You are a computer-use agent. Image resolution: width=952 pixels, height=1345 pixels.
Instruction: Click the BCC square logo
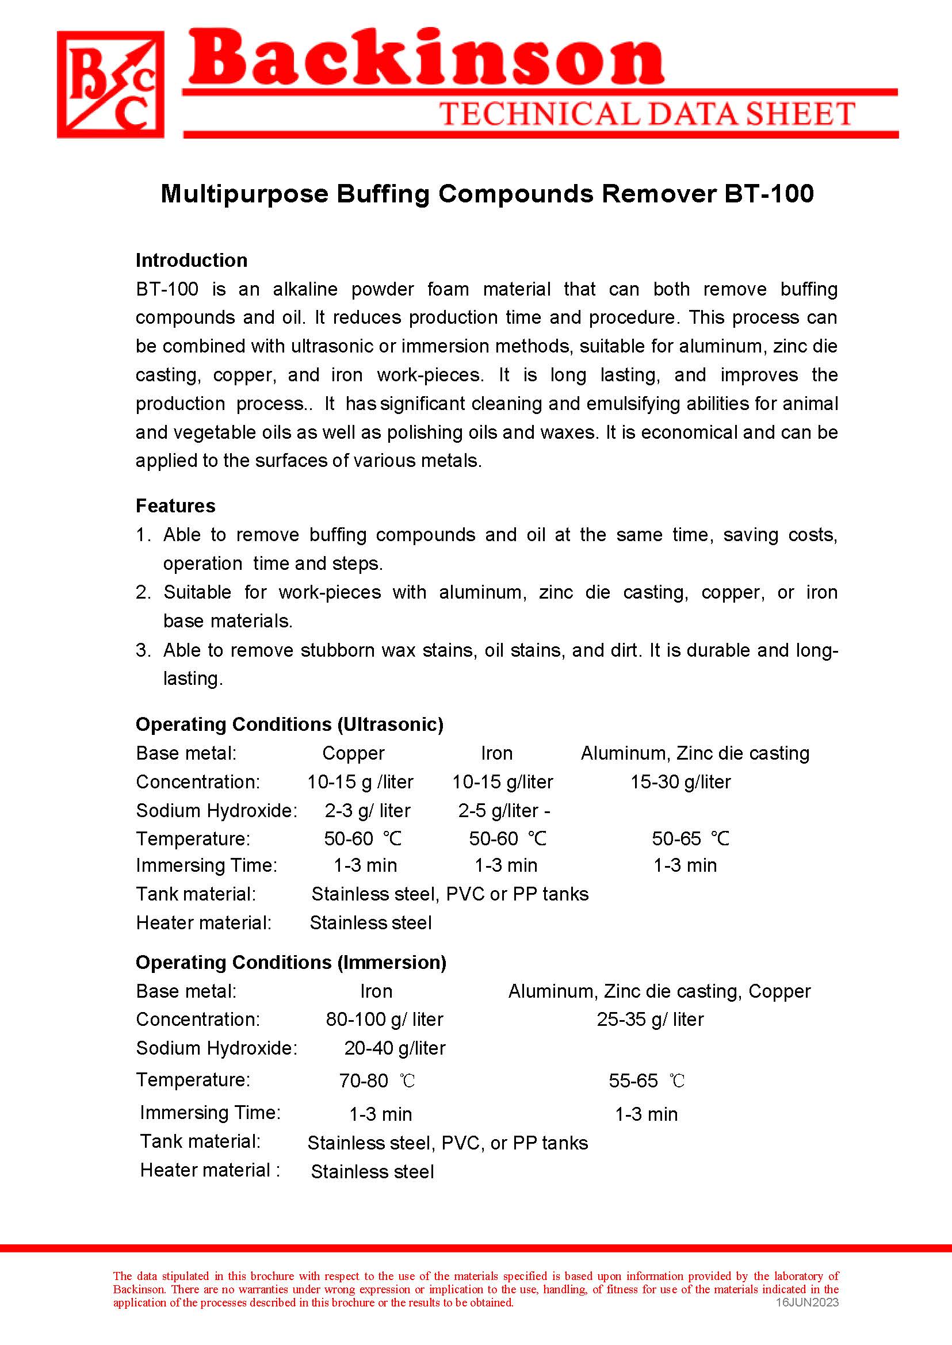click(x=110, y=85)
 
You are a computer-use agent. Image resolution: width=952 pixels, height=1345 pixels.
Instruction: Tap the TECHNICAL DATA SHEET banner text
click(x=647, y=114)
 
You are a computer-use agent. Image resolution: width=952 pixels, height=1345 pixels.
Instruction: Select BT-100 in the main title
click(x=769, y=194)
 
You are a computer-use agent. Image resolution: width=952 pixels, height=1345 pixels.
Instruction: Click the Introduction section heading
click(x=192, y=260)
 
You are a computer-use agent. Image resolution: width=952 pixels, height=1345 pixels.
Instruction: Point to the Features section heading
click(x=176, y=506)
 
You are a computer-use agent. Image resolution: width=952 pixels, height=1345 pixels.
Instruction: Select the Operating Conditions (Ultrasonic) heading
click(x=289, y=725)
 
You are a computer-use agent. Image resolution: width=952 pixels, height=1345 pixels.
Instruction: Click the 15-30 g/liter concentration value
click(x=680, y=782)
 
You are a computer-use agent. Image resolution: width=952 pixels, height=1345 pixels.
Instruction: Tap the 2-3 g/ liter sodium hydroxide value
click(x=368, y=811)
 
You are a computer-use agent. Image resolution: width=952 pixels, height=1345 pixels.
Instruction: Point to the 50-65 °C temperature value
click(x=690, y=838)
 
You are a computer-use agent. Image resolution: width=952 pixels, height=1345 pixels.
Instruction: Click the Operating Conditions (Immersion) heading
click(x=290, y=962)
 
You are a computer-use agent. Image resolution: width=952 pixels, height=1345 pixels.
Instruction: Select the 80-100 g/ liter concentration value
click(x=385, y=1019)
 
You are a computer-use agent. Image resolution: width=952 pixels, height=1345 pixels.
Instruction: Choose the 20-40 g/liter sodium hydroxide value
click(x=395, y=1048)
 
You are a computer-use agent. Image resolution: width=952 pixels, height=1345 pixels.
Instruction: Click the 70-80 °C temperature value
click(x=377, y=1080)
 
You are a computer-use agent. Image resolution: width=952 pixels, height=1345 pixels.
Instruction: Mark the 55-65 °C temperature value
click(x=646, y=1080)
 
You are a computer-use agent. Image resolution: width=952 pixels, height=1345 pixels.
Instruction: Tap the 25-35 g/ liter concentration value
click(x=650, y=1019)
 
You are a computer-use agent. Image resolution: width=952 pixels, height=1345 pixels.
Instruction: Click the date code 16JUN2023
click(x=807, y=1302)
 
